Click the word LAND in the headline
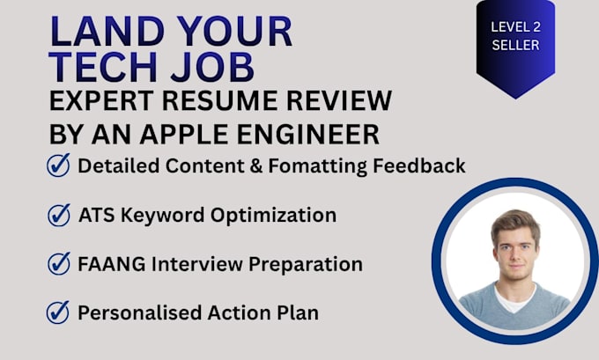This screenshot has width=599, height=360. [x=107, y=31]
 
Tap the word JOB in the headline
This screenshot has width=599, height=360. [x=212, y=67]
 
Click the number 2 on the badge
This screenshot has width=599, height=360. [x=536, y=27]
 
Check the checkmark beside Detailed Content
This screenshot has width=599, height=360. [x=58, y=165]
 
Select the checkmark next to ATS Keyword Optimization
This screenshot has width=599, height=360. [x=59, y=215]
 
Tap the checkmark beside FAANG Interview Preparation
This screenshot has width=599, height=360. [x=59, y=263]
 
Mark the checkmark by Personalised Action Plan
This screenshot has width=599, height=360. [x=58, y=312]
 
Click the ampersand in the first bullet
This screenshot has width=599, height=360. [x=256, y=166]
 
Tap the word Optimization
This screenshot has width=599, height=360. [x=274, y=216]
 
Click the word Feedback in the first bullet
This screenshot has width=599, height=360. [x=419, y=166]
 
